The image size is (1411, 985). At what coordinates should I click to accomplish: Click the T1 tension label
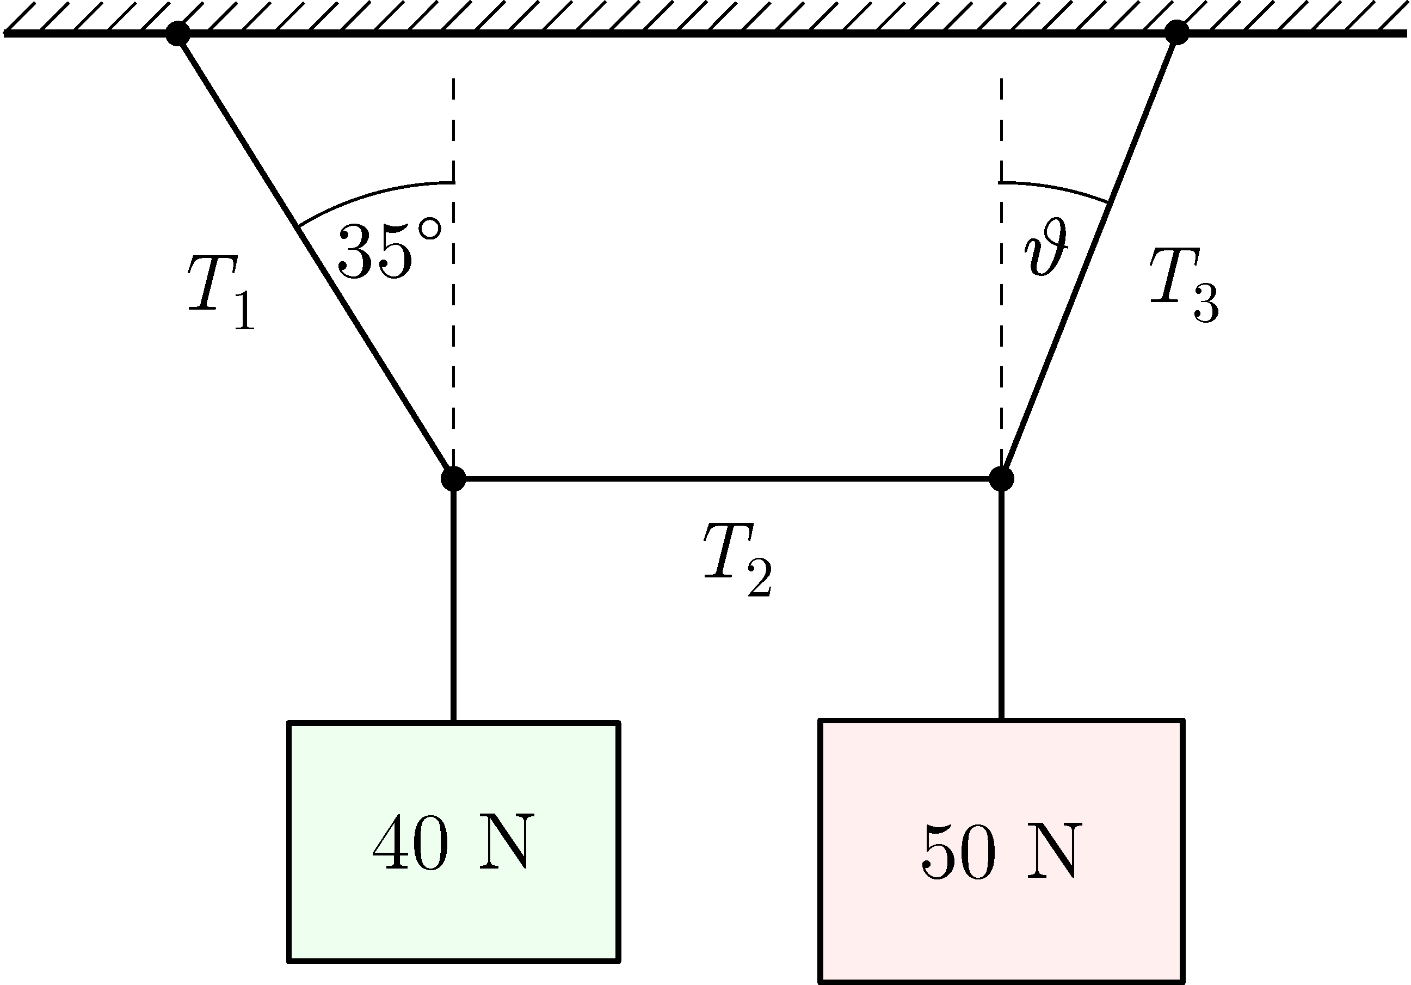click(x=220, y=291)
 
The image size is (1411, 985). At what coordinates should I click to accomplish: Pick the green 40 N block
click(x=453, y=841)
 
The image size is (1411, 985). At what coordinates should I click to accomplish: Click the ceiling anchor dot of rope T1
click(x=177, y=33)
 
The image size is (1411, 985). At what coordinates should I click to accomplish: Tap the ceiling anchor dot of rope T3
click(x=1176, y=33)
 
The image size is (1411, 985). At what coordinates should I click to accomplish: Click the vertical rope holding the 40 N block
click(x=453, y=602)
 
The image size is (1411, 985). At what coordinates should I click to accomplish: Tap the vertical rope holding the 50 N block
click(x=1002, y=602)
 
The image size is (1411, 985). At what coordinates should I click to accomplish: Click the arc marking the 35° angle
click(x=369, y=195)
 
